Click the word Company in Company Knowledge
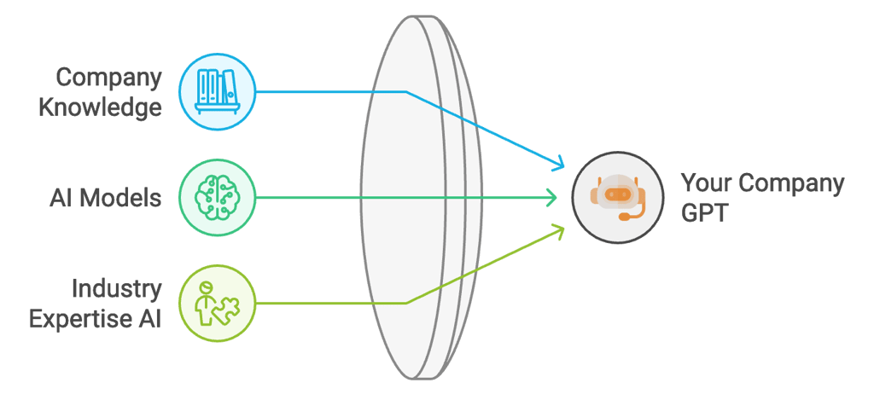point(108,78)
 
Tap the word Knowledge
point(108,107)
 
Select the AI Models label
point(105,199)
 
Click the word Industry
point(117,289)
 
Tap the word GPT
point(704,213)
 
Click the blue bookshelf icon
point(217,90)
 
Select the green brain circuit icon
point(217,198)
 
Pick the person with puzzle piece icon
point(217,303)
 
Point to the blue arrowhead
point(559,163)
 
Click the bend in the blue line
point(406,91)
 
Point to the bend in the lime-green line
point(406,303)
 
